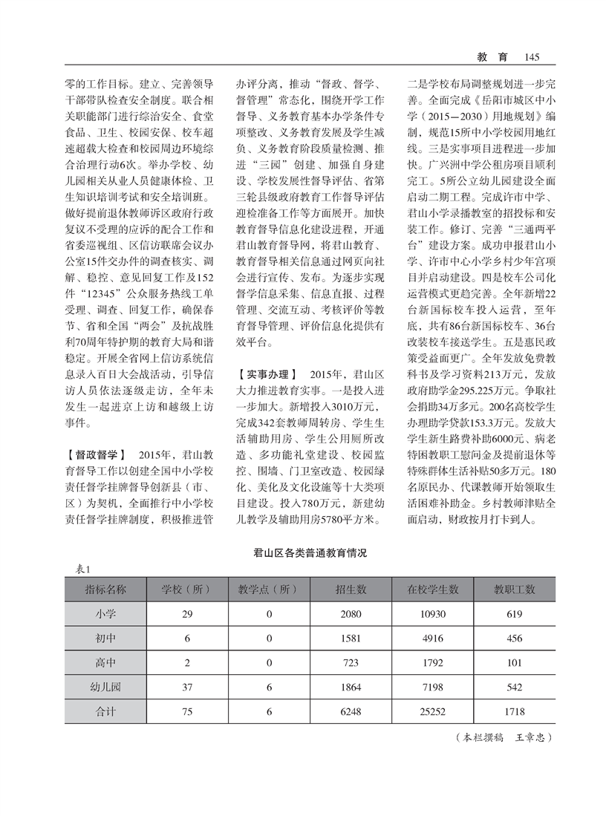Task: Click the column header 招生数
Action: point(351,590)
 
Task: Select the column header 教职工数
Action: point(515,590)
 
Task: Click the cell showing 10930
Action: point(432,613)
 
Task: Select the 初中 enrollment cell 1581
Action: point(351,638)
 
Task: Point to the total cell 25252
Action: point(432,711)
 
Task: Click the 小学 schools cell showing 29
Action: point(187,613)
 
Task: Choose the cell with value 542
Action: point(515,687)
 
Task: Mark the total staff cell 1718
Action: point(515,711)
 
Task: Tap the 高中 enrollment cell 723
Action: point(351,662)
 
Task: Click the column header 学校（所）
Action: point(187,590)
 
